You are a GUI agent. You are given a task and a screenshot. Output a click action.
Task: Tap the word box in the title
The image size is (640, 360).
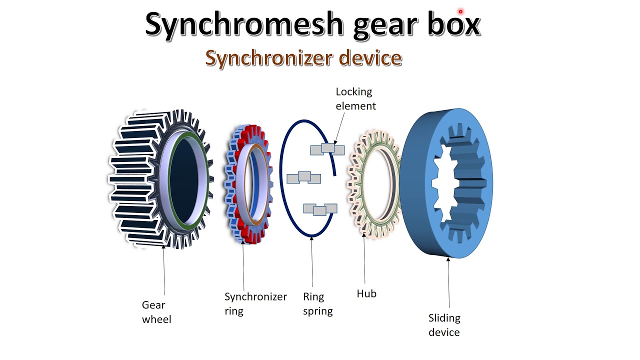pos(449,24)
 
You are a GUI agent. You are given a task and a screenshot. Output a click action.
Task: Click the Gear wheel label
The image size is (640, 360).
pos(156,312)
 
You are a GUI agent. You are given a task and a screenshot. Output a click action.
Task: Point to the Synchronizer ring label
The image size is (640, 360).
pos(255,303)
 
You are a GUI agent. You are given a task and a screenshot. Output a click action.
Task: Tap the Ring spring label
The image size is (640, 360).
pos(317,303)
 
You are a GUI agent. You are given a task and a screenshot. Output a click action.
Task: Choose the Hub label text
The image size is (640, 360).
pos(366,293)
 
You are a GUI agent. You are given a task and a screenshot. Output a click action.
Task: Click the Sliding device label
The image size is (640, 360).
pos(444,325)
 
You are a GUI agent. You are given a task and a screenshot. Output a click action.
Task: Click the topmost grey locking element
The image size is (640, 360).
pos(327,148)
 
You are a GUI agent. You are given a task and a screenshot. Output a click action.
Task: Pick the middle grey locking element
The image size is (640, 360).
pos(303,177)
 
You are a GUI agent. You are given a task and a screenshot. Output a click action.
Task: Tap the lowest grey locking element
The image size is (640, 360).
pos(320,209)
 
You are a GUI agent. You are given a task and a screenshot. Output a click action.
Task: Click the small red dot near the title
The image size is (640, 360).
pos(460,11)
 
